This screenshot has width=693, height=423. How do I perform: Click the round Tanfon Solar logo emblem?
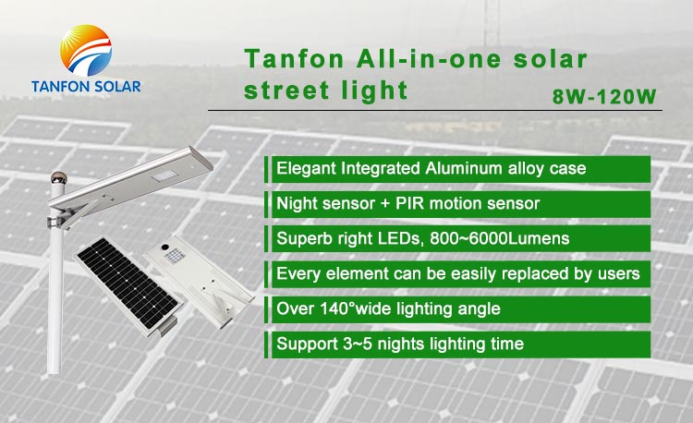(x=86, y=51)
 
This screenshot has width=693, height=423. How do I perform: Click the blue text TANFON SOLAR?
(x=86, y=87)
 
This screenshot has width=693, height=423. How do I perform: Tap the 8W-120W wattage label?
(x=604, y=96)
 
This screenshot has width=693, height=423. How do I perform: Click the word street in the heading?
(x=286, y=91)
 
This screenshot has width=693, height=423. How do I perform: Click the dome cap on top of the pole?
(x=58, y=177)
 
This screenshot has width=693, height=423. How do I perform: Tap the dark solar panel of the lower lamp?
(x=128, y=284)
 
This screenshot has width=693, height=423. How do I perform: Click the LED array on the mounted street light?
(x=164, y=176)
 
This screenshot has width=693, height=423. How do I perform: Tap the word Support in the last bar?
(x=307, y=344)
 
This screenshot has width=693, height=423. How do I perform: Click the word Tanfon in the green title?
(x=294, y=59)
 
